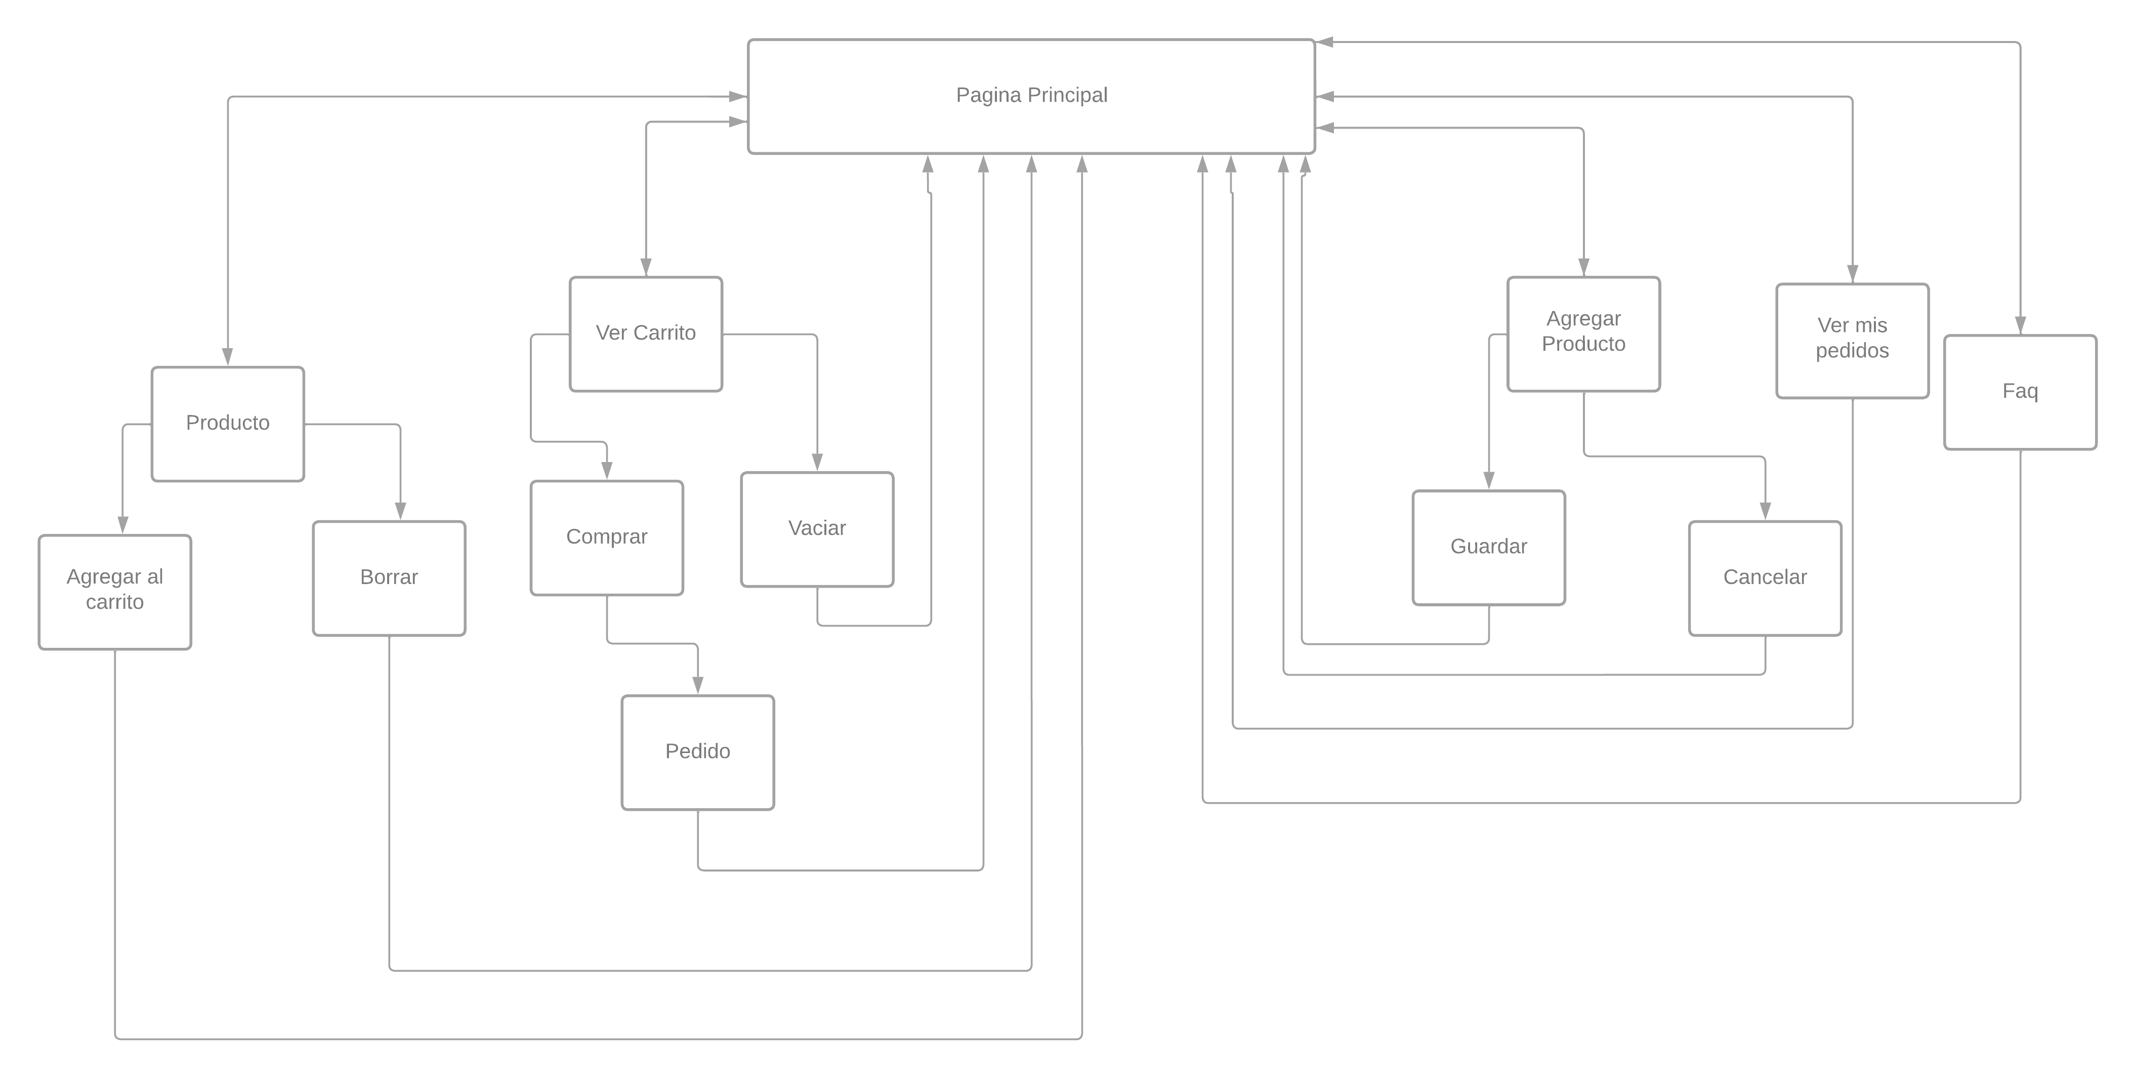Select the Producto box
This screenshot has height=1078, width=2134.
tap(228, 424)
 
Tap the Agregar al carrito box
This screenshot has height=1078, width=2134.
tap(115, 592)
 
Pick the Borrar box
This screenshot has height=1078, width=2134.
tap(389, 577)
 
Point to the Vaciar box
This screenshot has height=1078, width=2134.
tap(817, 529)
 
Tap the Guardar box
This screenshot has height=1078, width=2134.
tap(1489, 547)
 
